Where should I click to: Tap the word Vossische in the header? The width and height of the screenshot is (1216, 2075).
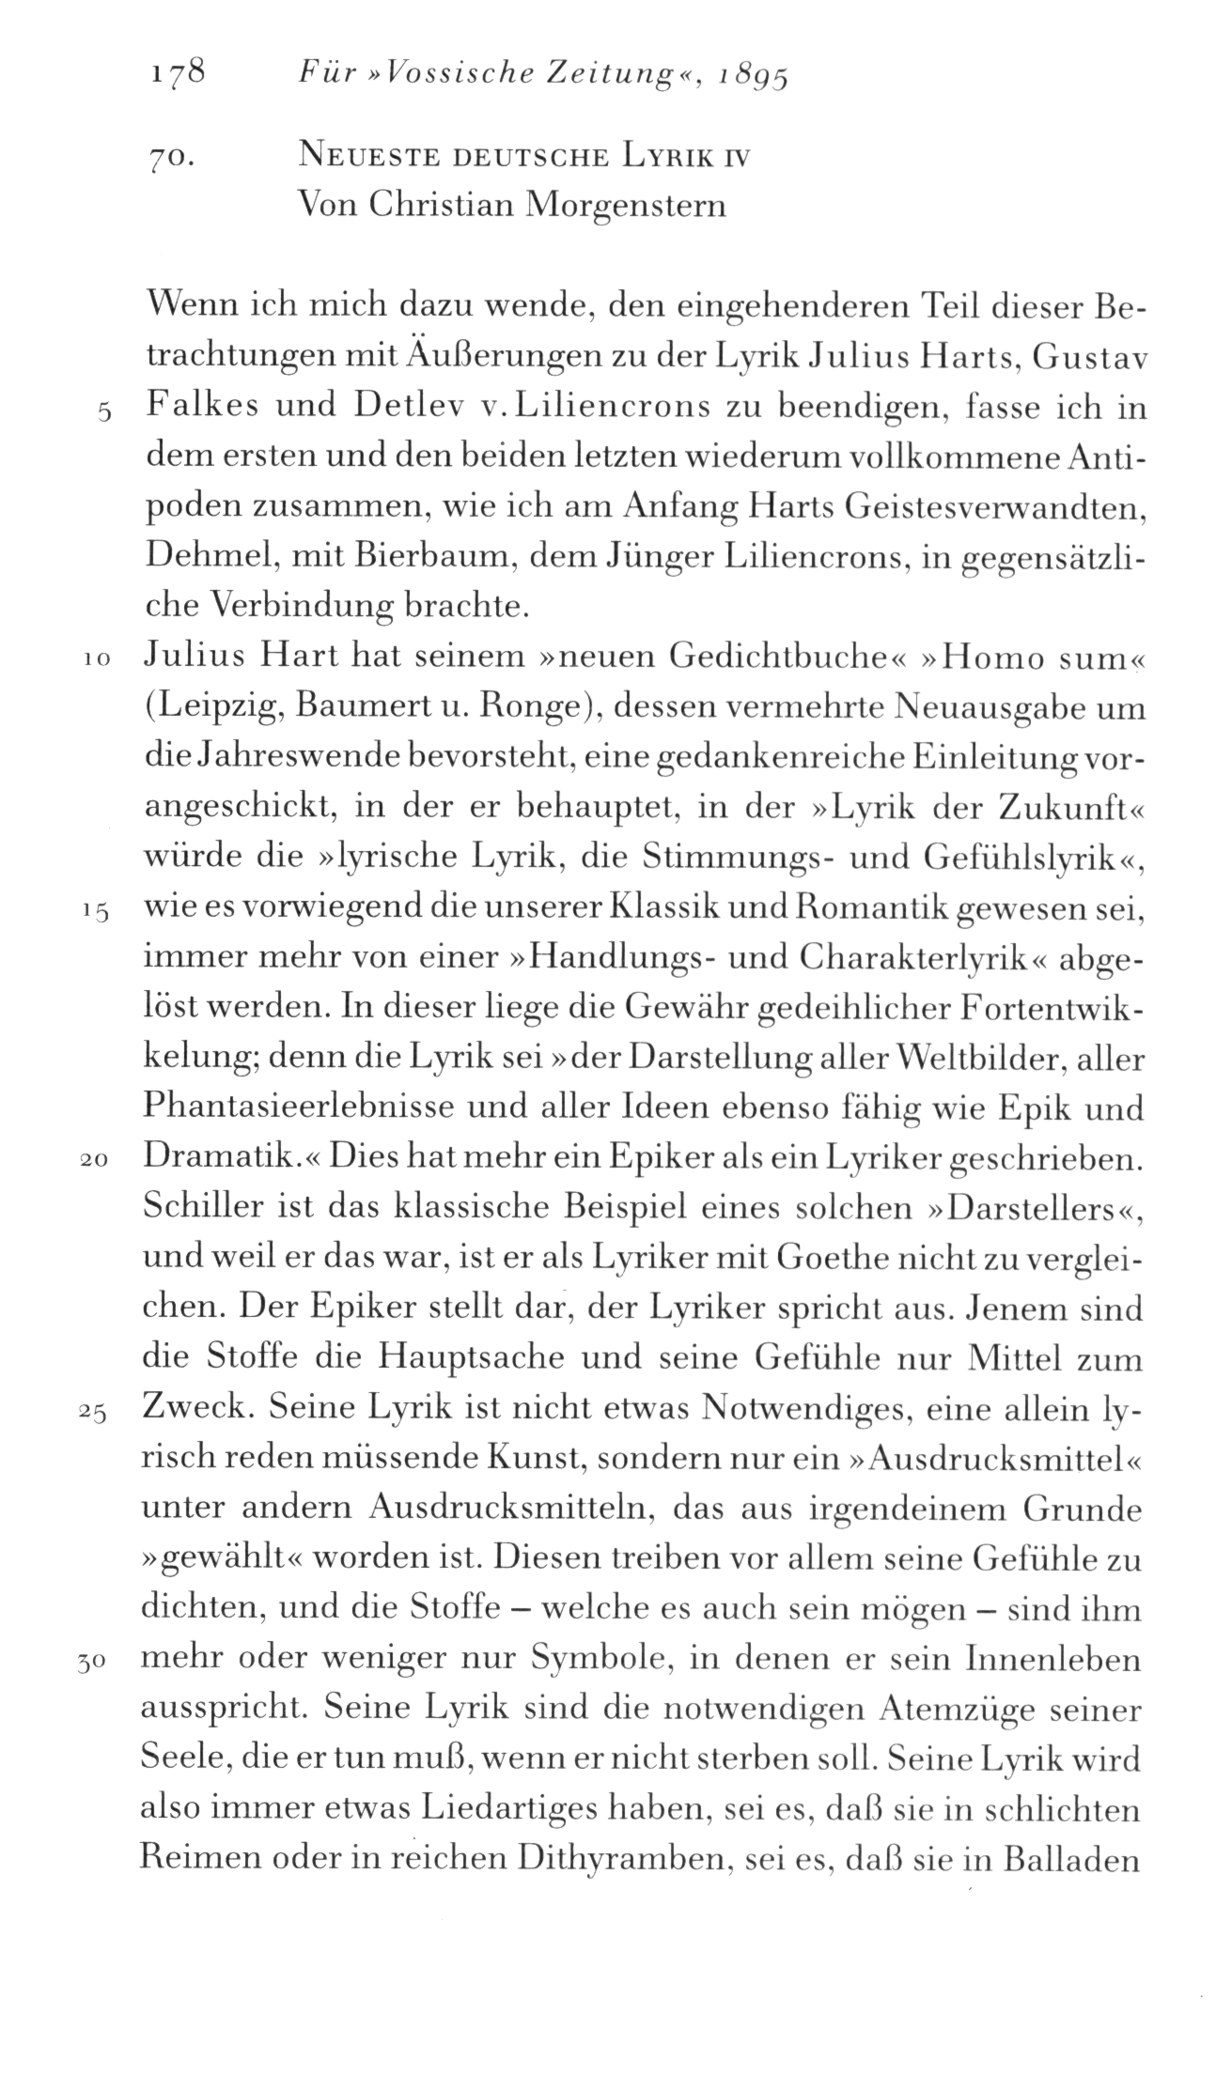[x=418, y=74]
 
